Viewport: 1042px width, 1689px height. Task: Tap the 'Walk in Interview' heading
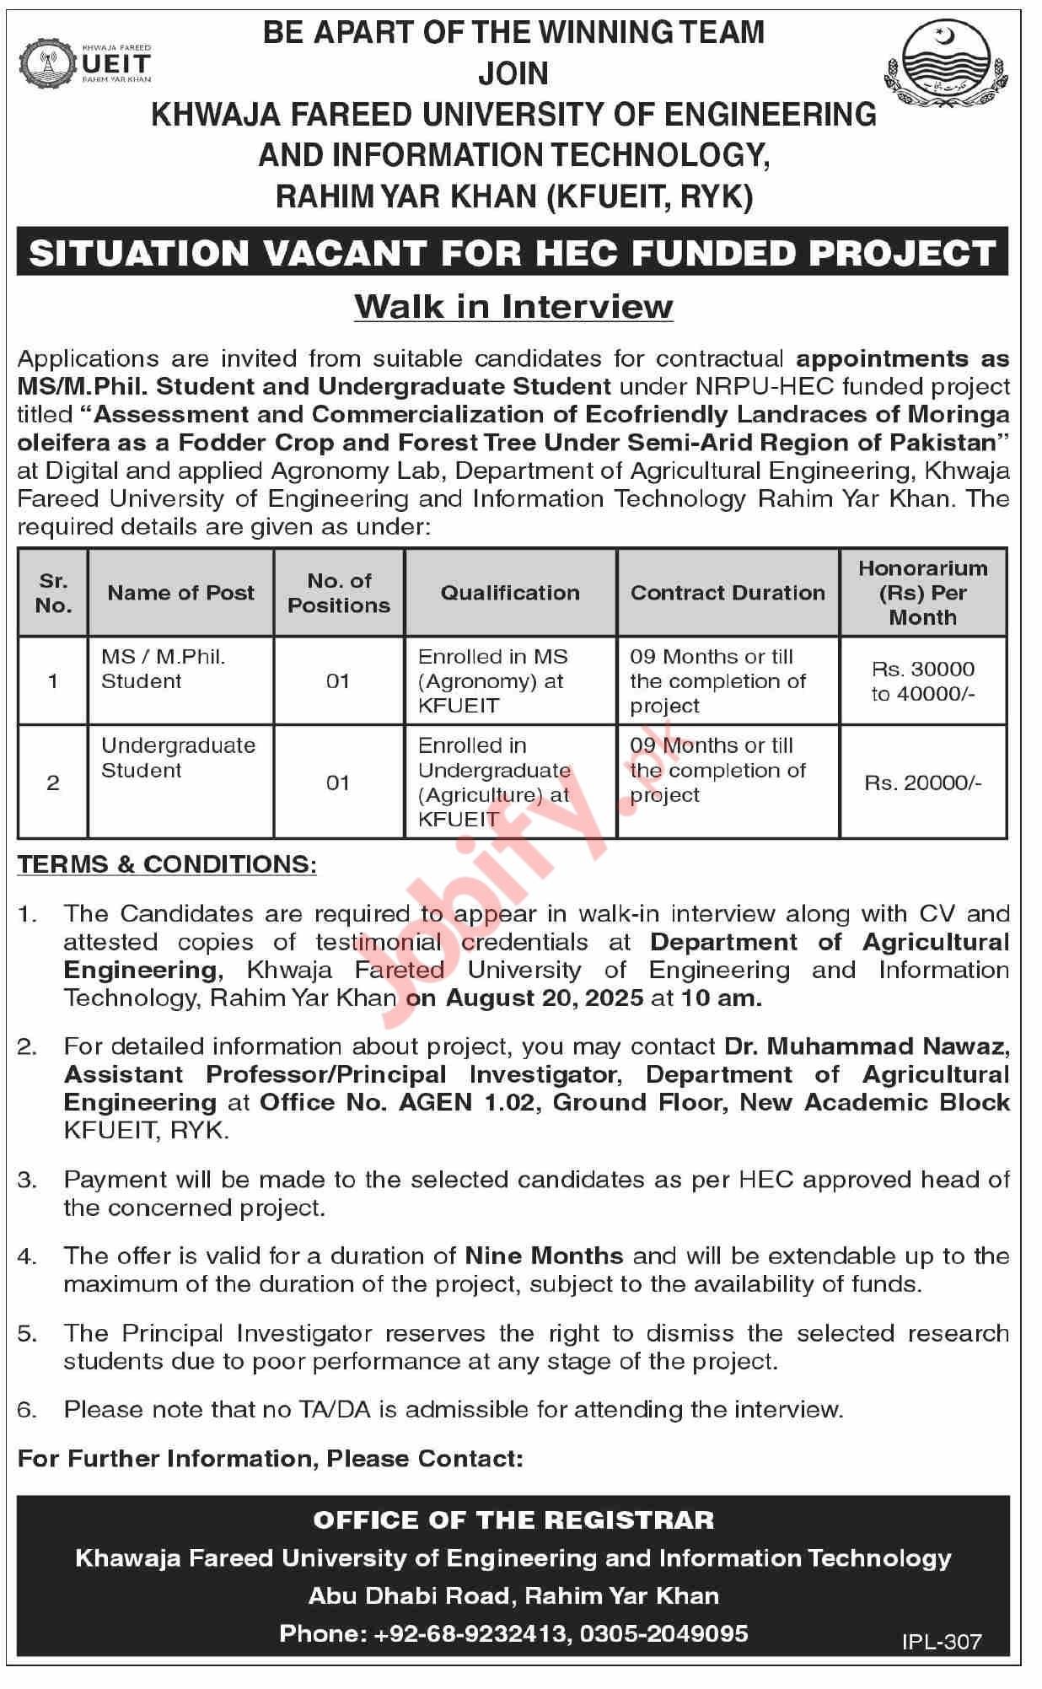tap(513, 306)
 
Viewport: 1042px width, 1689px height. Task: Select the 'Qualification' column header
tap(510, 593)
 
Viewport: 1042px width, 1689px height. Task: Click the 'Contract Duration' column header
tap(728, 593)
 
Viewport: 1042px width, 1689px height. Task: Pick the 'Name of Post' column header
tap(180, 593)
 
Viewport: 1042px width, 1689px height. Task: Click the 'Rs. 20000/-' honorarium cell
tap(922, 783)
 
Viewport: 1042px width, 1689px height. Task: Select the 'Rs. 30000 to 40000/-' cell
tap(922, 681)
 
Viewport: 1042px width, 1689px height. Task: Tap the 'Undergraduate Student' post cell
tap(178, 758)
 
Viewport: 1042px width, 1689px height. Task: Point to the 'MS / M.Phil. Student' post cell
tap(163, 669)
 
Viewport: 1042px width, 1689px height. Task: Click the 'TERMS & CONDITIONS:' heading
tap(168, 864)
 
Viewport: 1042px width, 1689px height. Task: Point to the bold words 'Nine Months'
tap(544, 1256)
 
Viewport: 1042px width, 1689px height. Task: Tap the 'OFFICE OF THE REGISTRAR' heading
tap(513, 1520)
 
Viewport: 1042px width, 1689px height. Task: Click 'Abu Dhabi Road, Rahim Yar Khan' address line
tap(513, 1595)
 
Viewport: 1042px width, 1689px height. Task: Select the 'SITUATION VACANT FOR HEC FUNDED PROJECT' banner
tap(513, 252)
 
